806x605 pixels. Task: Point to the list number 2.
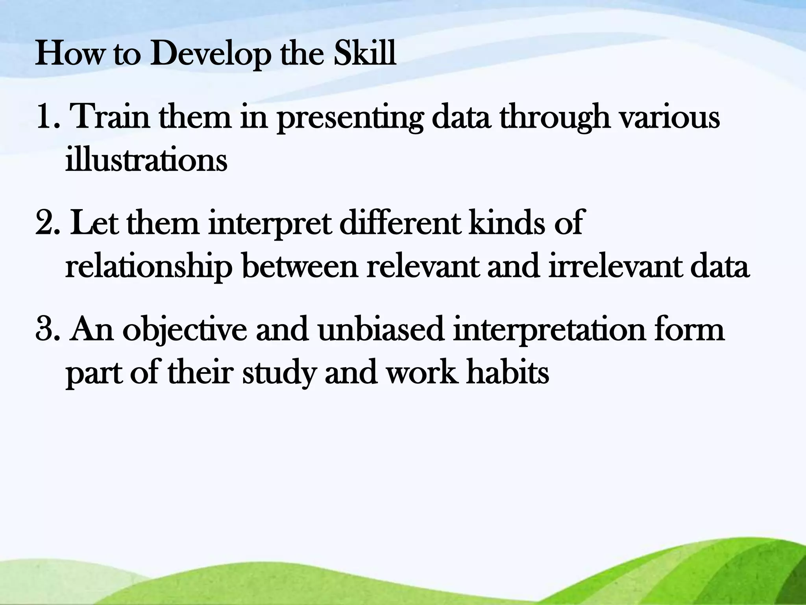click(x=48, y=223)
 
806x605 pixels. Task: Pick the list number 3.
click(x=48, y=330)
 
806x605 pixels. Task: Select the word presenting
click(x=350, y=118)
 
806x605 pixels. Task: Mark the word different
click(x=399, y=223)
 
